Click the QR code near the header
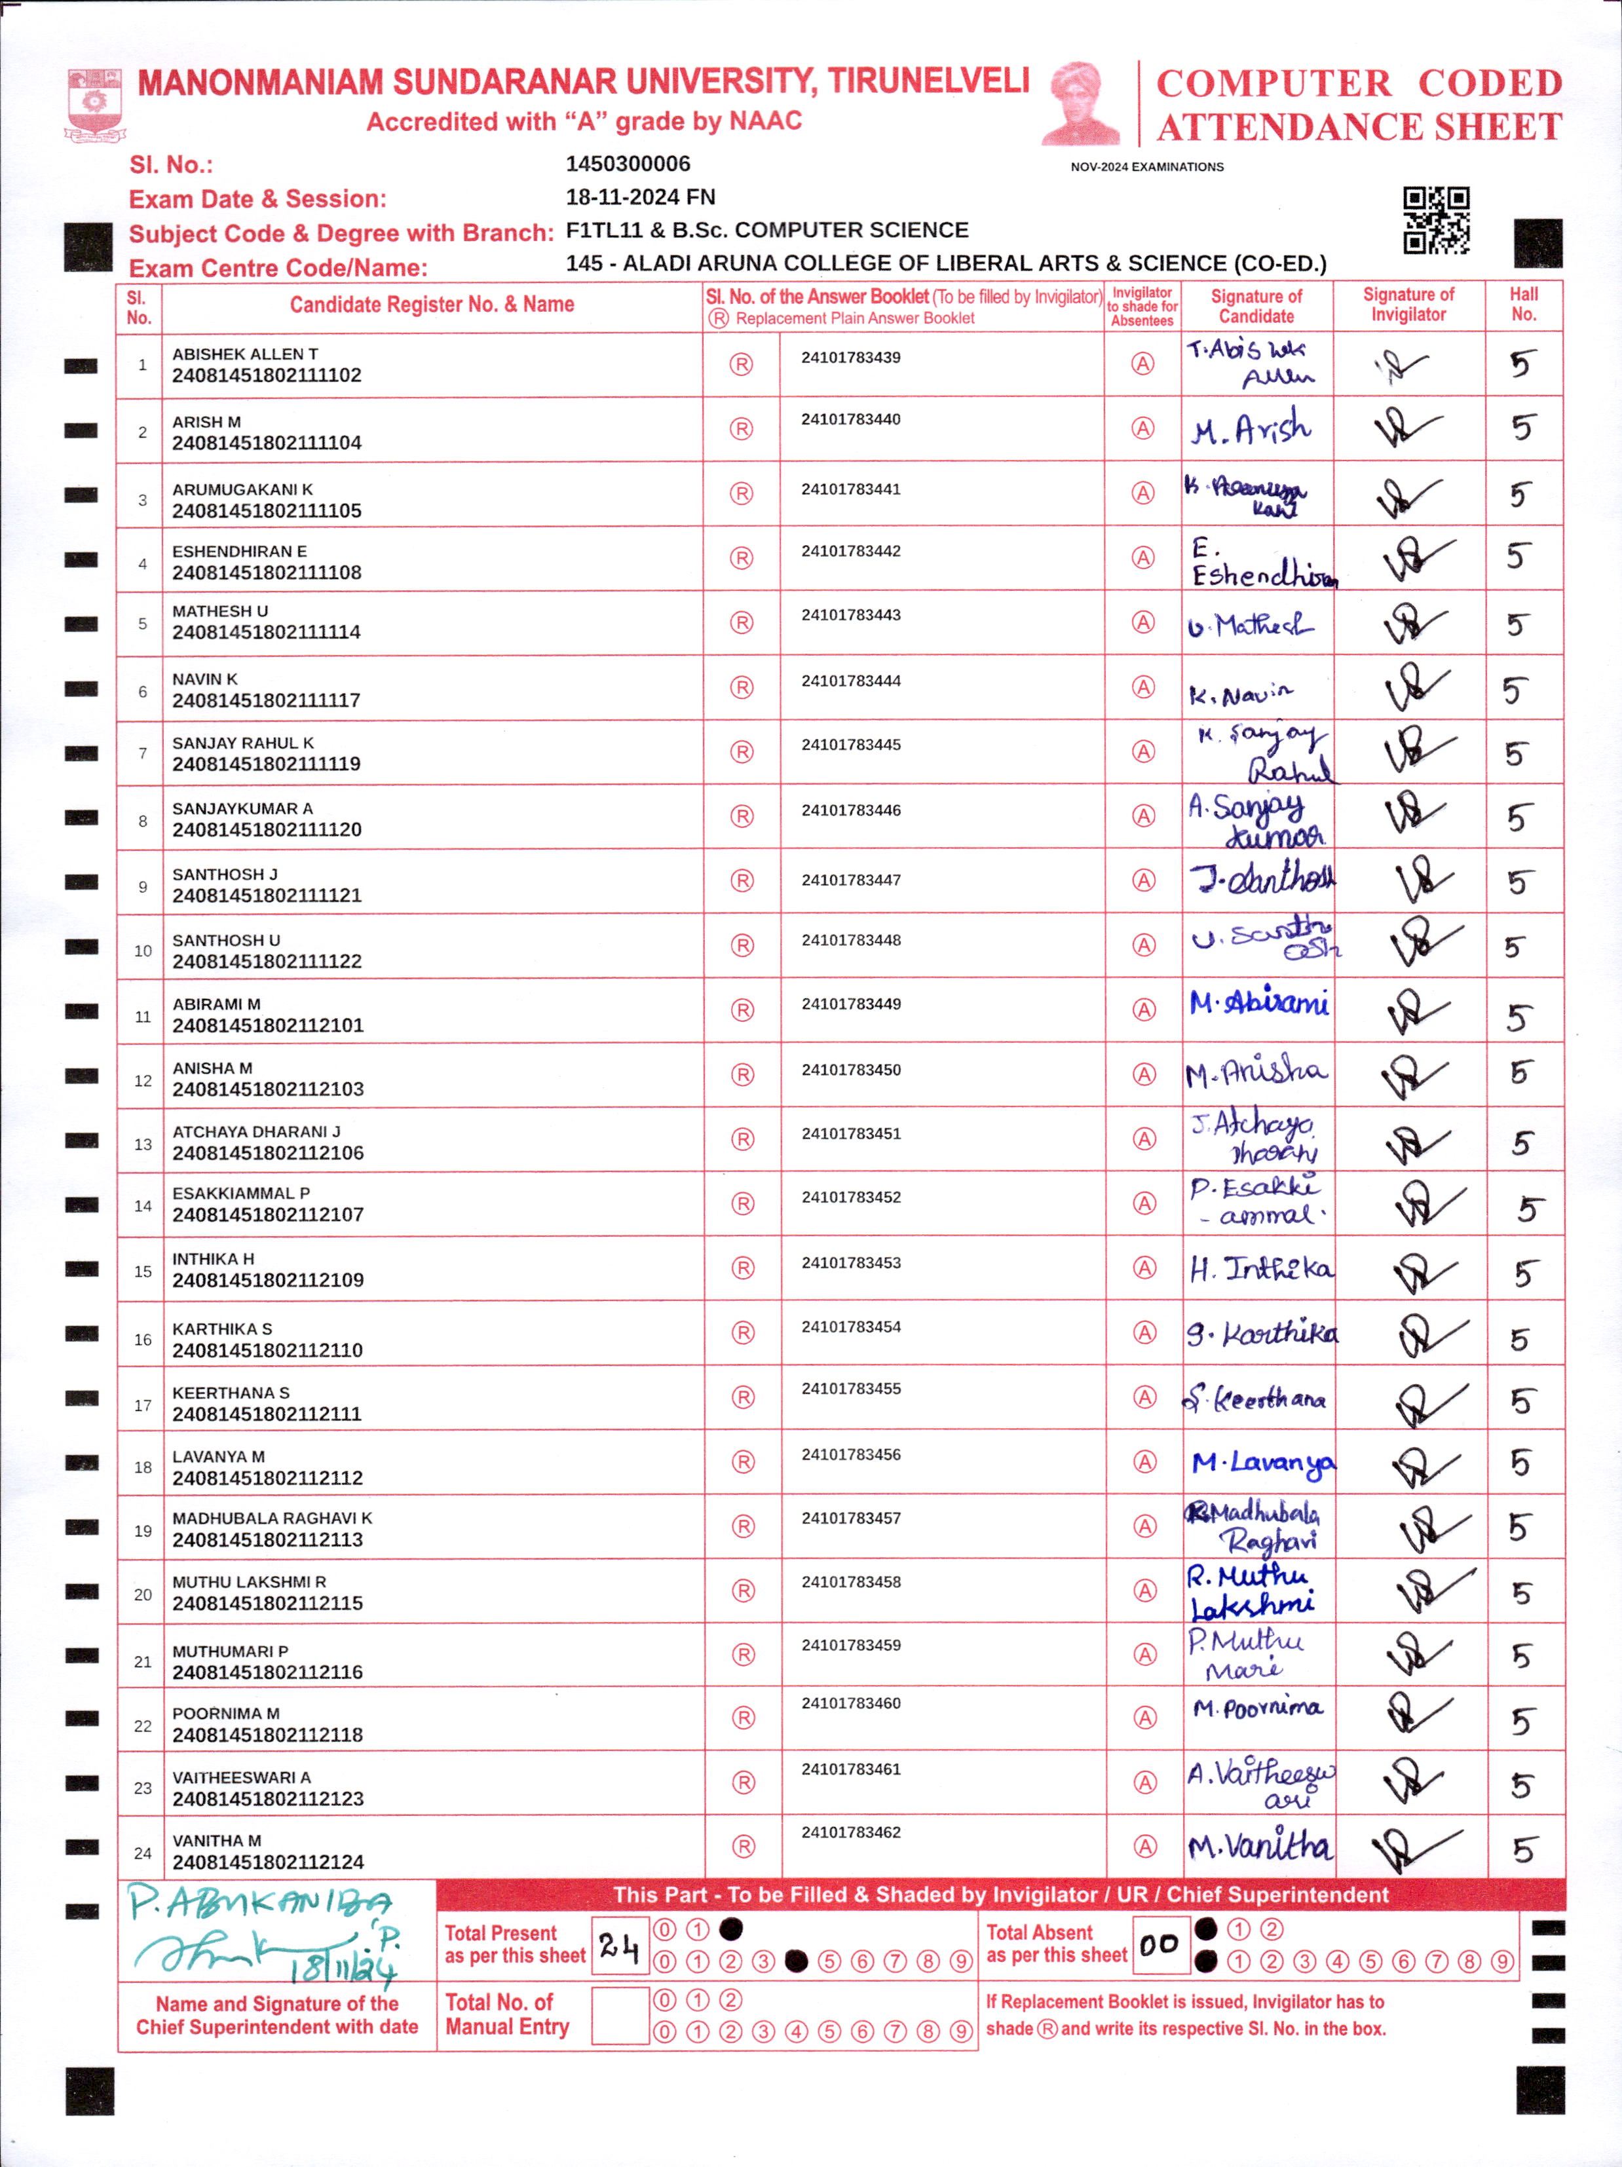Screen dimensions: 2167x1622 click(x=1436, y=219)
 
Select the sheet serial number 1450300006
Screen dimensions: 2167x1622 click(x=628, y=164)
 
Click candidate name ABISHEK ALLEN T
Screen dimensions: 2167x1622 click(x=245, y=354)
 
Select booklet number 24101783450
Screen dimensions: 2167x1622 click(x=851, y=1070)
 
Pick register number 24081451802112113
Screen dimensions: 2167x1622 click(x=267, y=1539)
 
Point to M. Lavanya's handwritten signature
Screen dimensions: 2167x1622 click(x=1262, y=1463)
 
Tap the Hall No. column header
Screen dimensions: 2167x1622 click(x=1523, y=305)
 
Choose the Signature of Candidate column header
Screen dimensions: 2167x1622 click(x=1256, y=306)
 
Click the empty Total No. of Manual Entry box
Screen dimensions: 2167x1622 click(x=620, y=2015)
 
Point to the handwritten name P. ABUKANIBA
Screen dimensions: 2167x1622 click(x=259, y=1902)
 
